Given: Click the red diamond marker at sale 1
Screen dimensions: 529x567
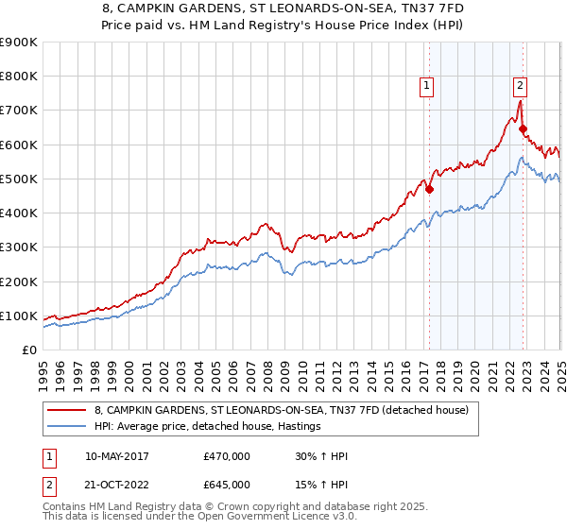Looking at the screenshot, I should pyautogui.click(x=429, y=189).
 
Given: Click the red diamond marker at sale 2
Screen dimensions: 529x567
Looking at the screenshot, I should pyautogui.click(x=524, y=129).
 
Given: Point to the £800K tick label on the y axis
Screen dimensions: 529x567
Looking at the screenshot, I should pyautogui.click(x=19, y=77).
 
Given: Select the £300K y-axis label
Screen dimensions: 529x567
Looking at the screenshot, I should pyautogui.click(x=19, y=247).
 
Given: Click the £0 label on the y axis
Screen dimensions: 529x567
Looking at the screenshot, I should pyautogui.click(x=28, y=350).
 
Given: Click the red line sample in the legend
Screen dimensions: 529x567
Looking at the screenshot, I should pyautogui.click(x=66, y=410).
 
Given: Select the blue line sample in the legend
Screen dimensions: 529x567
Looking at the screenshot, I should pyautogui.click(x=66, y=426).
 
